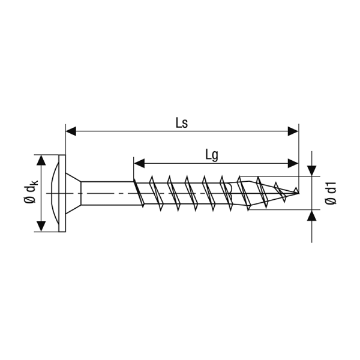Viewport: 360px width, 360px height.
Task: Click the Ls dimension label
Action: coord(182,123)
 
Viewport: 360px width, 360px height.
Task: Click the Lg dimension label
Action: coord(211,156)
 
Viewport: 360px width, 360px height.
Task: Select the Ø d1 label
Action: coord(331,193)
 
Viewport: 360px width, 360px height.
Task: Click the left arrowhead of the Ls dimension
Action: coord(71,131)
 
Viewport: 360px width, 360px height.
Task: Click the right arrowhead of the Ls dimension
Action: coord(293,131)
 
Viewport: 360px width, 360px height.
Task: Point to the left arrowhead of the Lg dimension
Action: coord(139,163)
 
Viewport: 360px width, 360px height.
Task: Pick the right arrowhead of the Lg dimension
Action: coord(293,163)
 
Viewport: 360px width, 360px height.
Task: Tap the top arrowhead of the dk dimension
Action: coord(41,160)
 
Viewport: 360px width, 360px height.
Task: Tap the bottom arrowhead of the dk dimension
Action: coord(41,226)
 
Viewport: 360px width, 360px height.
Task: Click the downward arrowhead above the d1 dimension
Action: coord(311,171)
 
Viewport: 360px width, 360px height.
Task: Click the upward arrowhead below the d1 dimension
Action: coord(311,215)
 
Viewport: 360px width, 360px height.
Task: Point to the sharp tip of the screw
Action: coord(299,193)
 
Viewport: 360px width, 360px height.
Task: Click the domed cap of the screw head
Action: coord(54,193)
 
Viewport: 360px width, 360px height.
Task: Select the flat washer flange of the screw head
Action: coord(62,193)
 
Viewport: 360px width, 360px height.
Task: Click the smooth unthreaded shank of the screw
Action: coord(107,193)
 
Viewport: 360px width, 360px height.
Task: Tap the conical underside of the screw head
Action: coord(73,193)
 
